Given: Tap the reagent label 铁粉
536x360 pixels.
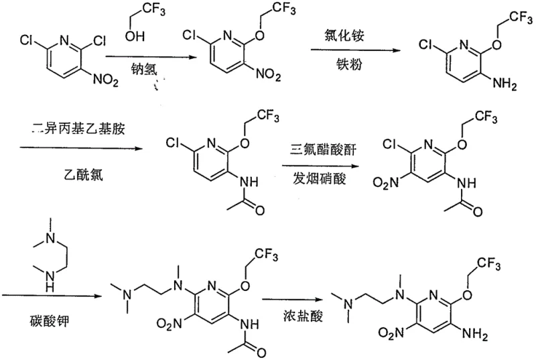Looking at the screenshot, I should pyautogui.click(x=347, y=66).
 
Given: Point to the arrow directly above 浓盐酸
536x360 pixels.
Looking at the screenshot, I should pyautogui.click(x=292, y=300).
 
